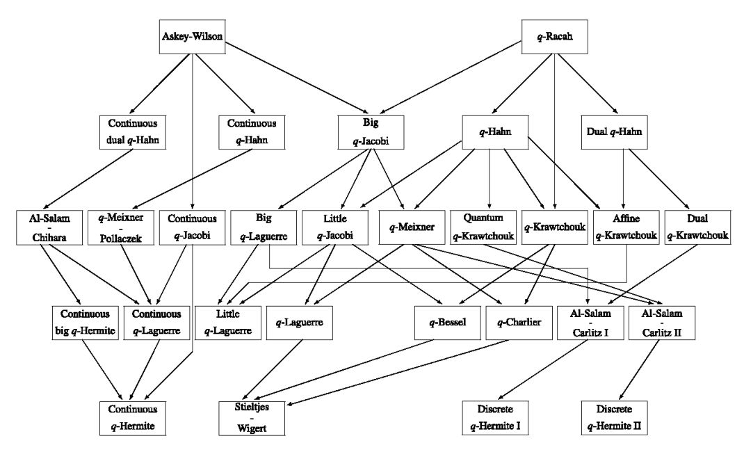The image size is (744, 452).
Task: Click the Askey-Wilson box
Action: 191,35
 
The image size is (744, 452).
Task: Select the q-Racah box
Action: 555,35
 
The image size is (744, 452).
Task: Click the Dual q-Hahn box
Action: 615,131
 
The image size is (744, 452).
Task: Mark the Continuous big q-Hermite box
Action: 84,321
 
